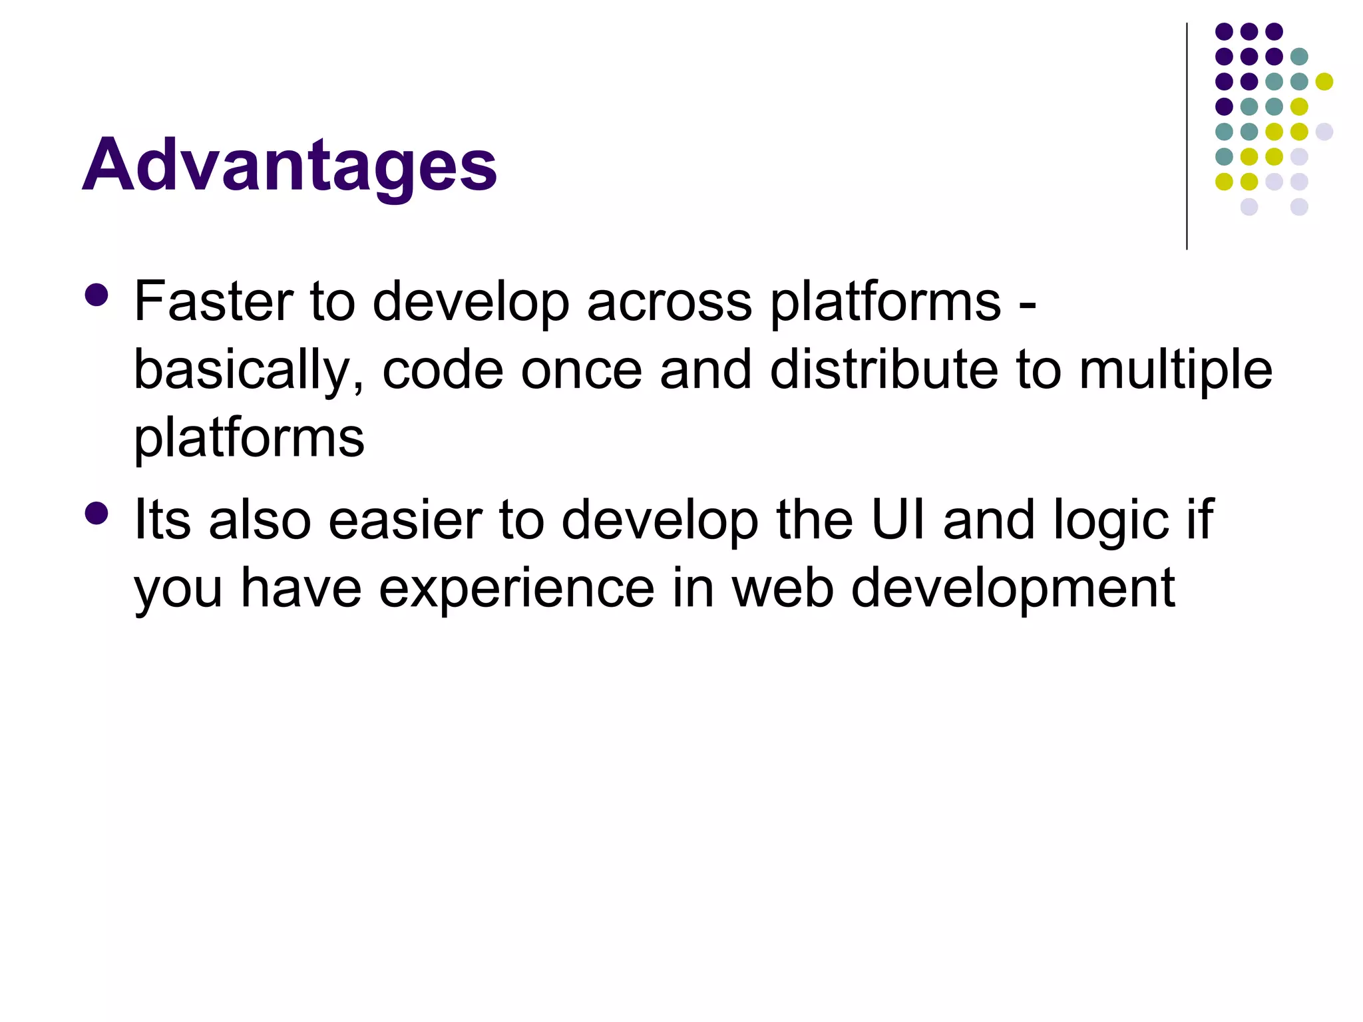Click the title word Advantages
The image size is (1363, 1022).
290,165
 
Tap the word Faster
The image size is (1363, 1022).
213,301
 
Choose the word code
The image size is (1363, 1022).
443,370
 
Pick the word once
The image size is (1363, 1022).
581,371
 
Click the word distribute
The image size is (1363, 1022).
884,370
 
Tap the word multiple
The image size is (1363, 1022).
1175,371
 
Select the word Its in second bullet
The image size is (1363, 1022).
162,520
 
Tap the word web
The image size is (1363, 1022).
783,588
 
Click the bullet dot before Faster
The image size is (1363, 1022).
97,295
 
